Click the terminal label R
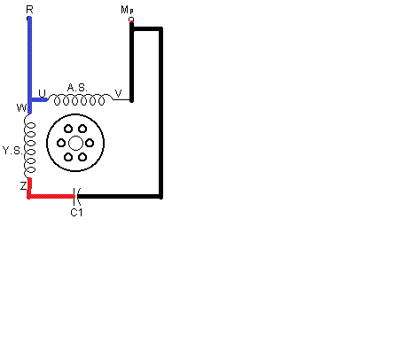click(x=29, y=10)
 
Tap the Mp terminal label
click(x=127, y=10)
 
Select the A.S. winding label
click(x=77, y=88)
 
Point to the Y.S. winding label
click(x=12, y=151)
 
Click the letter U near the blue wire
click(x=43, y=93)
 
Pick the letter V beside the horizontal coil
click(x=118, y=93)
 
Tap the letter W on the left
click(x=21, y=107)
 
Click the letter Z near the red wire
click(x=24, y=186)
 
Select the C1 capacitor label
click(x=76, y=212)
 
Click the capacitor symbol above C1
click(x=76, y=196)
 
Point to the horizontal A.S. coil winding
click(x=80, y=100)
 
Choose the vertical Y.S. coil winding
click(x=29, y=146)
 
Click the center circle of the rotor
click(x=75, y=143)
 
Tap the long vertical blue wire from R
click(x=29, y=65)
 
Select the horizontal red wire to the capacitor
click(x=51, y=196)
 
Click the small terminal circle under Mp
click(x=131, y=20)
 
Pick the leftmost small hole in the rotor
click(x=61, y=143)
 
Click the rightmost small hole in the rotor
click(x=90, y=143)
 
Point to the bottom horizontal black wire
click(x=120, y=196)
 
